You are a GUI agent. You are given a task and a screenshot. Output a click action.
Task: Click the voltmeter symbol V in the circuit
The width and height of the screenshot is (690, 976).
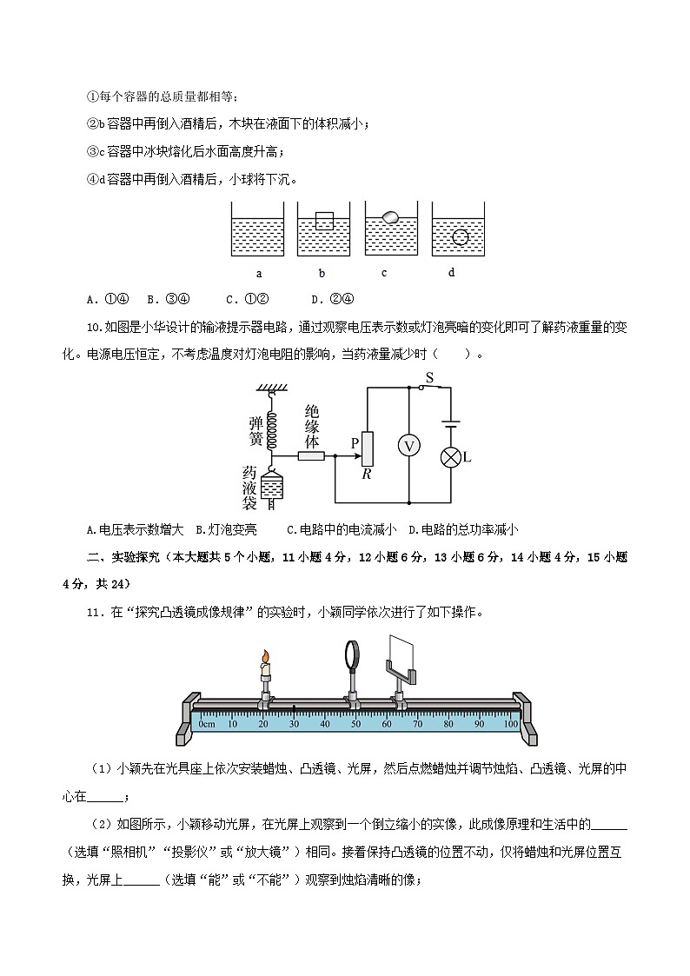(x=408, y=445)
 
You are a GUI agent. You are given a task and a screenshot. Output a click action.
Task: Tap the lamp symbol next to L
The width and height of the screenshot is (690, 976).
(x=450, y=457)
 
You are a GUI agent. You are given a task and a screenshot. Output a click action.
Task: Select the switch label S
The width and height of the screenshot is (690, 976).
(x=428, y=377)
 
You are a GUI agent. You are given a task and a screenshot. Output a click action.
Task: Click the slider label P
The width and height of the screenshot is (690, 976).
(x=355, y=442)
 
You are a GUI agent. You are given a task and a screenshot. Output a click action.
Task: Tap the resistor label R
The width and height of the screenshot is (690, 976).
(x=367, y=475)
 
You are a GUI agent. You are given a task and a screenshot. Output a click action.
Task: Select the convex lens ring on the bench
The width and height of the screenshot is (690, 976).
(x=354, y=655)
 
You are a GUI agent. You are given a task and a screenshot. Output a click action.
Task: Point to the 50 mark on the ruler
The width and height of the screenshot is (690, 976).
(x=355, y=723)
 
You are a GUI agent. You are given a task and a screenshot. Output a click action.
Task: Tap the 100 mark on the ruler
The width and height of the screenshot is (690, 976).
(x=511, y=723)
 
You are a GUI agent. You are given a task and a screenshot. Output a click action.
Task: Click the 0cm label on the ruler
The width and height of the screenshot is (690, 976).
(x=206, y=723)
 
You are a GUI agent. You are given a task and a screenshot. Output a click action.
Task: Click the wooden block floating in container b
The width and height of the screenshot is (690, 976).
(x=324, y=221)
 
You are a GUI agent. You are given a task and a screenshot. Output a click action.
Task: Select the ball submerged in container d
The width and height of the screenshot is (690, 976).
(x=462, y=236)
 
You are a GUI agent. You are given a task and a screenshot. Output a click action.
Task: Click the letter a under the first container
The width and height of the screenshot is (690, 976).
(x=259, y=273)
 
